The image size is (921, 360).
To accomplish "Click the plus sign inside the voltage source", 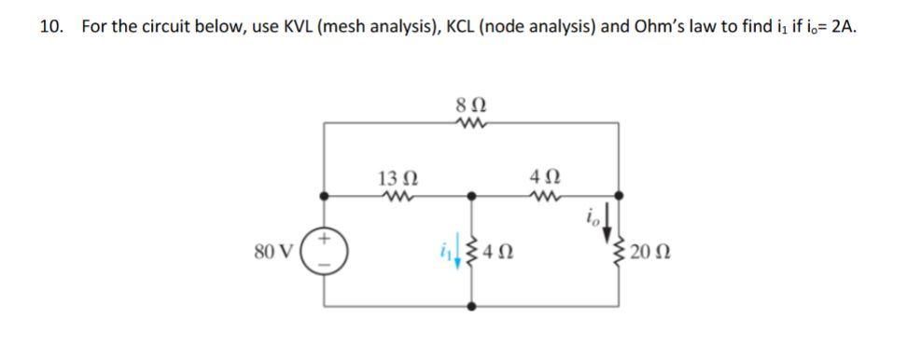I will [x=326, y=239].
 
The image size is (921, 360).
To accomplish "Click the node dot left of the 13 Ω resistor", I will [x=326, y=197].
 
